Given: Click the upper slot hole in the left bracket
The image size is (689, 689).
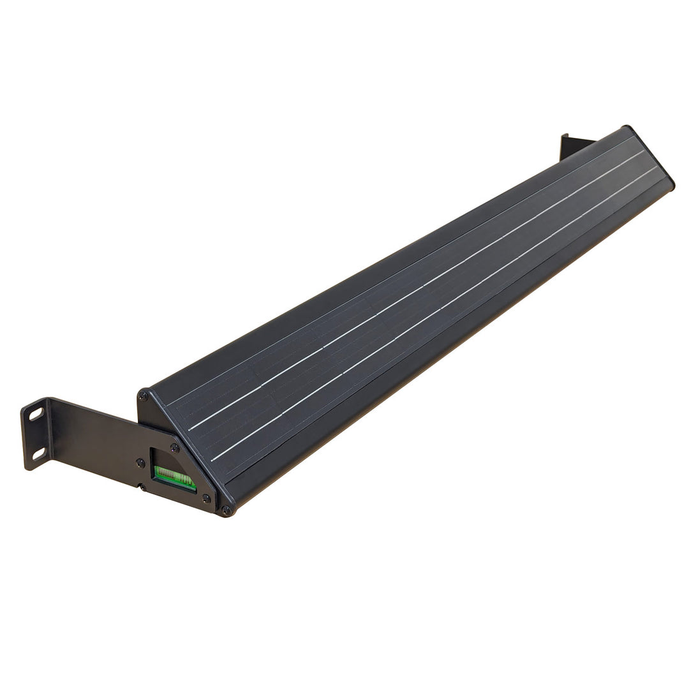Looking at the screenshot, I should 36,414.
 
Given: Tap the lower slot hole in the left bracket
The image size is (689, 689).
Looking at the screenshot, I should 38,454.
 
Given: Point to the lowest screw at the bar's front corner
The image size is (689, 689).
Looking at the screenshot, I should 226,510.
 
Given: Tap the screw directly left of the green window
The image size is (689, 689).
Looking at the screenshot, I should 140,463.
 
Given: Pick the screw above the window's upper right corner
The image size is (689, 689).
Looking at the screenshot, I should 175,447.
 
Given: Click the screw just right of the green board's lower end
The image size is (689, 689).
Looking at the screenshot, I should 206,498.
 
